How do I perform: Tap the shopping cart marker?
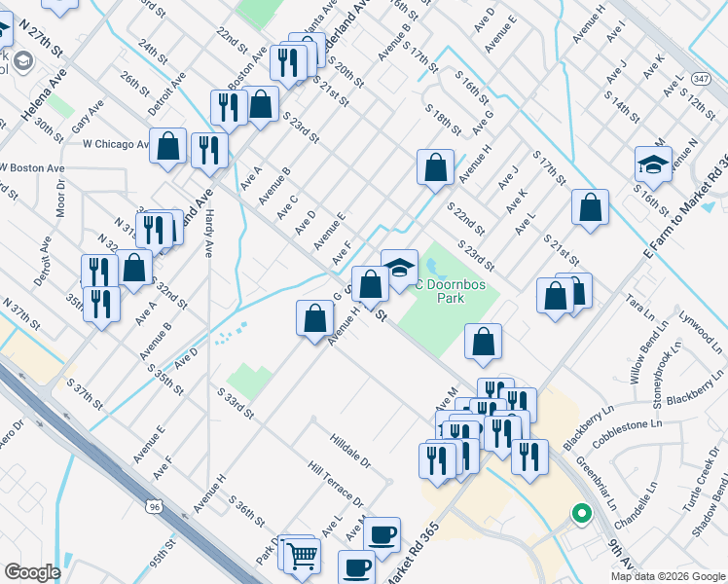tap(304, 556)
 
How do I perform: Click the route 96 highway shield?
tap(155, 506)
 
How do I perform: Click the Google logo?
tap(33, 571)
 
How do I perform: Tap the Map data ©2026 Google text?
tap(668, 576)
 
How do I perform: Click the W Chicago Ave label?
tap(115, 144)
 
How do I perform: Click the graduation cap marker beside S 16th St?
tap(653, 164)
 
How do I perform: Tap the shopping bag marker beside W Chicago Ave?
tap(168, 146)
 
